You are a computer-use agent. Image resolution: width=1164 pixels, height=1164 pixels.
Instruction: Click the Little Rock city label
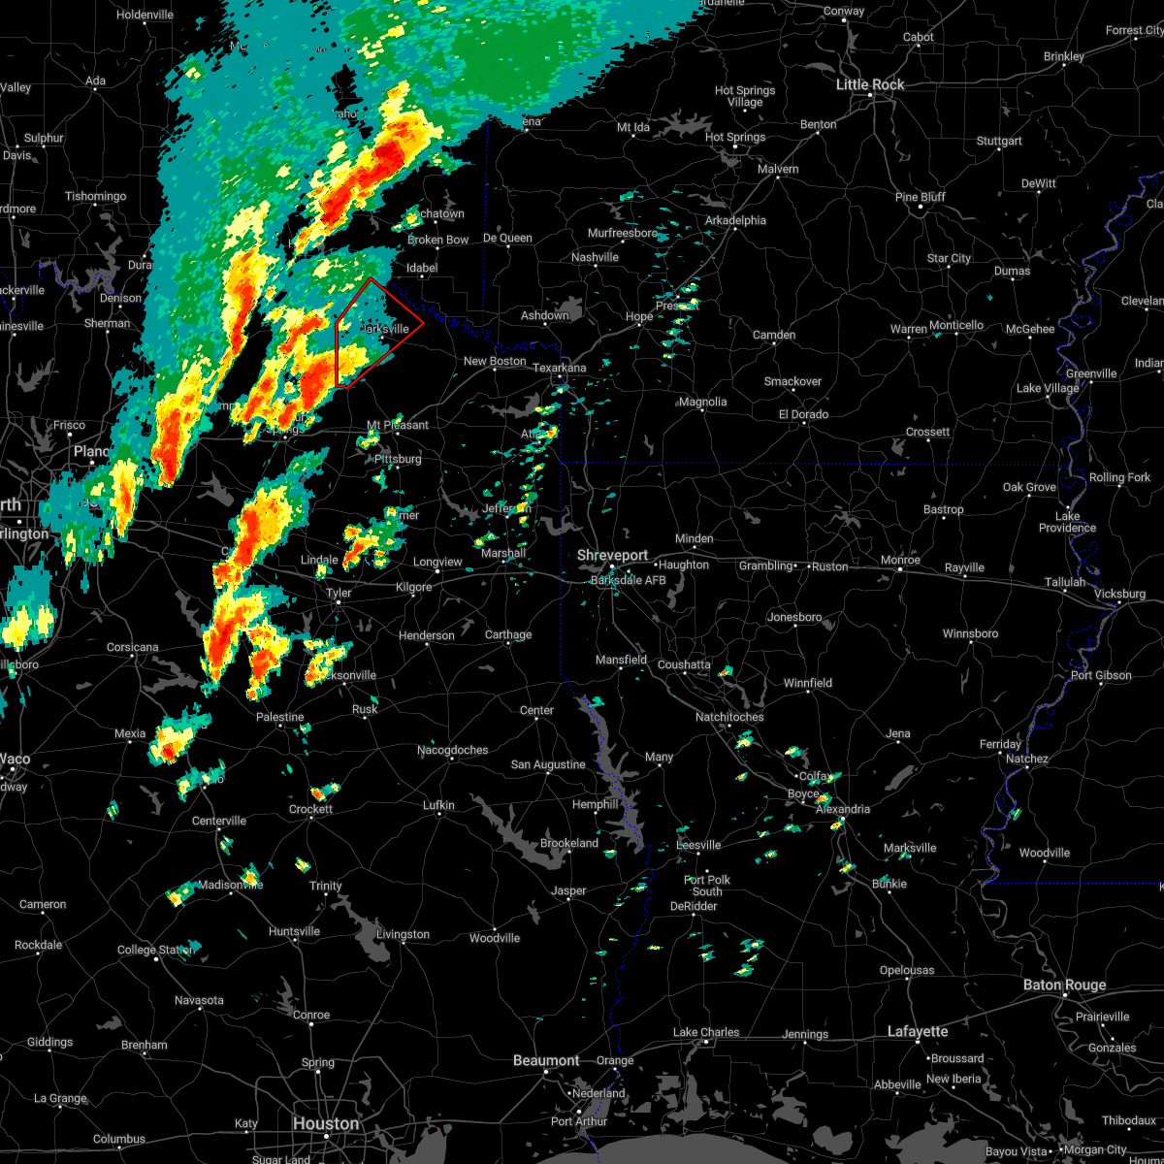(x=870, y=85)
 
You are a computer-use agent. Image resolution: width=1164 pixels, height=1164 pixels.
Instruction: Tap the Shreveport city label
(x=612, y=555)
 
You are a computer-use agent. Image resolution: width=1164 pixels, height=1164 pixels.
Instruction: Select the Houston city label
(x=326, y=1123)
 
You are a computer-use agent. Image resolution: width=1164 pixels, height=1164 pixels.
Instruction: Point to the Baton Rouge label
(x=1064, y=986)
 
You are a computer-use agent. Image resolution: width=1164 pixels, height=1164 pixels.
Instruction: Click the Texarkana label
(x=559, y=369)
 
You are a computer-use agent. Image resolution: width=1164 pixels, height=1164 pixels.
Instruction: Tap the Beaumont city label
(x=546, y=1060)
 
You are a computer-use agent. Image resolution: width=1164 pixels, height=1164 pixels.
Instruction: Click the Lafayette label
(x=918, y=1031)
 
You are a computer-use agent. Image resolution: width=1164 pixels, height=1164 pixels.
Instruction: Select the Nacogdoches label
(x=453, y=750)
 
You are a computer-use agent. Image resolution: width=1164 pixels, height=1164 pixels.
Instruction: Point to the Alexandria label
(x=842, y=809)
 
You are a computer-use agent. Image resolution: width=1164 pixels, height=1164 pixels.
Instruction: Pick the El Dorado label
(x=803, y=414)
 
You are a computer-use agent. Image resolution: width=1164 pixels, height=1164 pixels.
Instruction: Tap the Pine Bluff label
(x=921, y=197)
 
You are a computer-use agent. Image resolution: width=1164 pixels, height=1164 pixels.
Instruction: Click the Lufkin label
(x=438, y=805)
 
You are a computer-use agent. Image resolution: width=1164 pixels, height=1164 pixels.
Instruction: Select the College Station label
(x=155, y=950)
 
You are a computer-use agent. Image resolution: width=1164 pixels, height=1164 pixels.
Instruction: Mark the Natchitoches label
(x=729, y=717)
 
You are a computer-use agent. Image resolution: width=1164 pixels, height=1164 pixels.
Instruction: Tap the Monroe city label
(x=900, y=561)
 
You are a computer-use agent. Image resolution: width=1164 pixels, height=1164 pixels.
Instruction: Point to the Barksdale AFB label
(x=628, y=580)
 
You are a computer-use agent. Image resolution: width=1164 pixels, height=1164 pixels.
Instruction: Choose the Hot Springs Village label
(x=745, y=96)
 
